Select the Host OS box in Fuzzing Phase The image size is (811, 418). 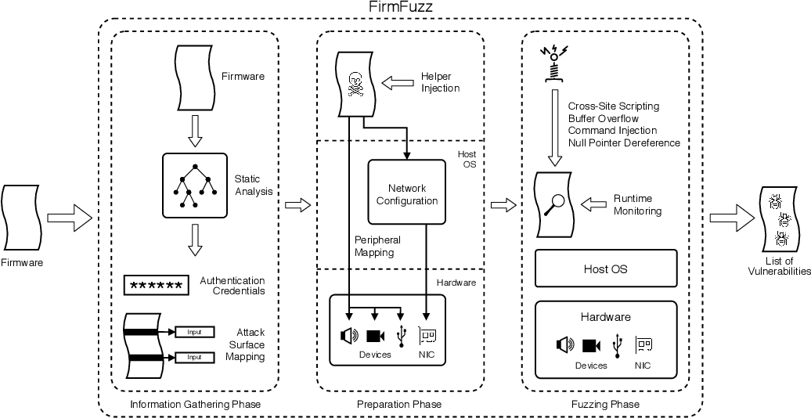[605, 269]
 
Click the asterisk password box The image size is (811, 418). [157, 286]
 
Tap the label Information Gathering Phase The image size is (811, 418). [194, 405]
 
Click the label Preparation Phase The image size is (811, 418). [398, 405]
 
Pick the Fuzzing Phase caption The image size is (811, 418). [605, 405]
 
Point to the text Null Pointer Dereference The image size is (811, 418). [624, 143]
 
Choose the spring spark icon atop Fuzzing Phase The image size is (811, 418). [553, 63]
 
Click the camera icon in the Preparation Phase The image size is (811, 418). [376, 336]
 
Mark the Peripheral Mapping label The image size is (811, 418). [377, 247]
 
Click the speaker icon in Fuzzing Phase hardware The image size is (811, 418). [565, 344]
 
